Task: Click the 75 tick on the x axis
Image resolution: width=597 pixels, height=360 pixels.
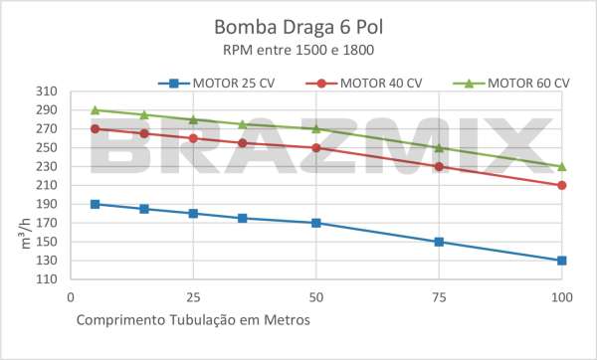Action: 439,296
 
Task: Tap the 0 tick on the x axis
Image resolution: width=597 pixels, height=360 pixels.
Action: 71,296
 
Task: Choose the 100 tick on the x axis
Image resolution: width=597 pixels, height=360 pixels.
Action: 562,296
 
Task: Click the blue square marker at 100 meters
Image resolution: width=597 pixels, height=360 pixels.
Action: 562,261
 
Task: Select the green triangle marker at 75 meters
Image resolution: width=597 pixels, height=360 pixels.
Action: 439,148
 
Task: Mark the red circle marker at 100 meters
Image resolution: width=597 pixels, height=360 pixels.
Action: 562,185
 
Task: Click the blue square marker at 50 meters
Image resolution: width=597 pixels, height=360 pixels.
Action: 316,223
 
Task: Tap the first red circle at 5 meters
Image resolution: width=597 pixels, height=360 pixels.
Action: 96,129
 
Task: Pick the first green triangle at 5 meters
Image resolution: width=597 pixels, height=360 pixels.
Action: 96,110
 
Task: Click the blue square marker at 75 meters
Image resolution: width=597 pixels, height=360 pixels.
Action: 439,242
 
